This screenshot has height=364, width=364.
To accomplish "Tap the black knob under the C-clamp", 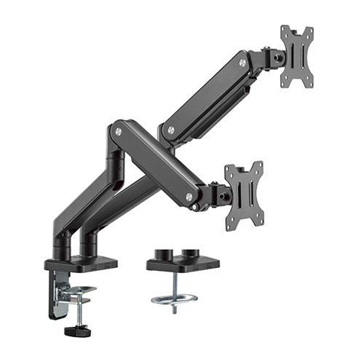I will tap(73, 331).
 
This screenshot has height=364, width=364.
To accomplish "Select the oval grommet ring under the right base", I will tap(173, 298).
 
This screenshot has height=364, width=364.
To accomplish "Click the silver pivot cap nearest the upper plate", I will tap(239, 63).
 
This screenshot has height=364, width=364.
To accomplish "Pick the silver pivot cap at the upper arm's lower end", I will tap(171, 131).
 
